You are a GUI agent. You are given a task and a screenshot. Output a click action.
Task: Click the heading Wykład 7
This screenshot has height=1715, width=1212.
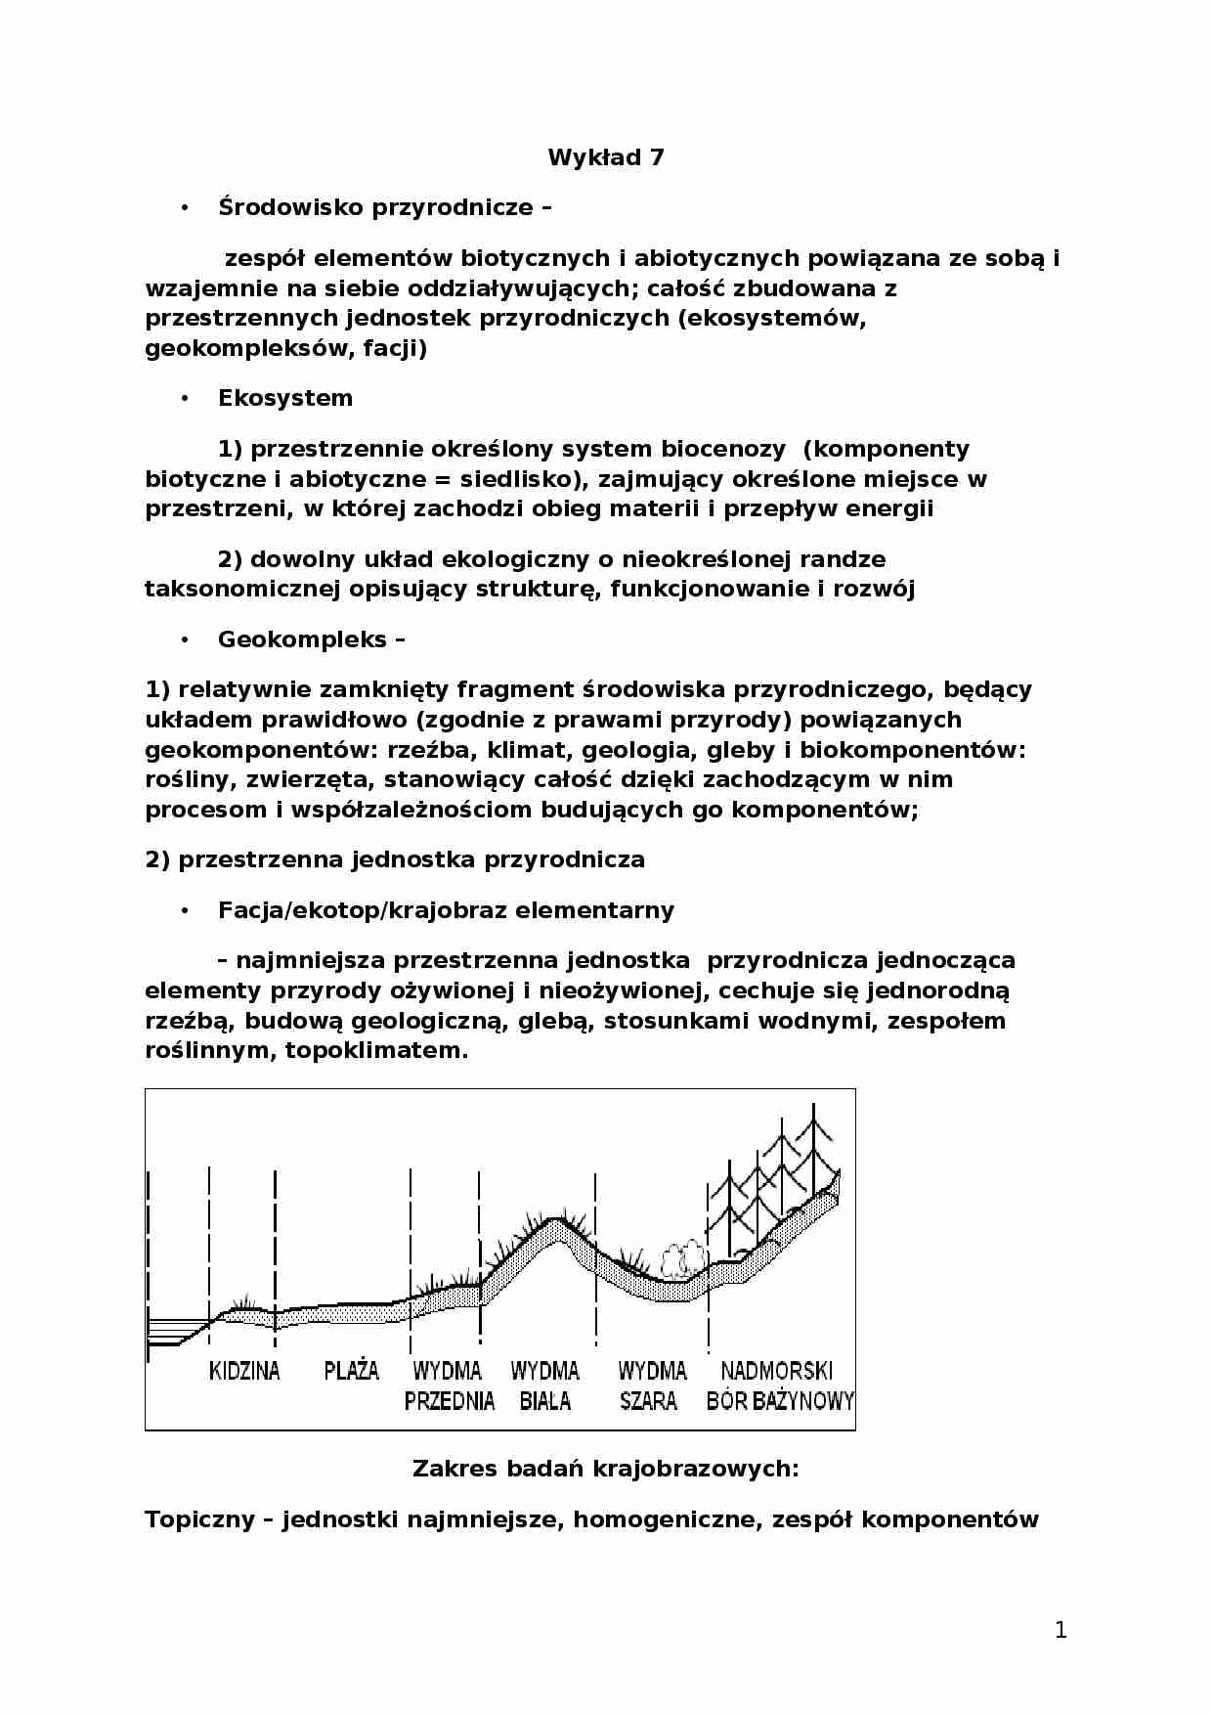(x=605, y=157)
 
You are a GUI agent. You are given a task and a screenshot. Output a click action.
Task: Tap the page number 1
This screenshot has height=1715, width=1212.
(x=1060, y=1629)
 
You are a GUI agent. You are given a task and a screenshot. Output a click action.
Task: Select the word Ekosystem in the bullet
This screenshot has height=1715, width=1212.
(x=284, y=398)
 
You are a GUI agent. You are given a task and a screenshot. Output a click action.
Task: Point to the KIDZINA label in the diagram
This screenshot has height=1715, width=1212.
(x=244, y=1371)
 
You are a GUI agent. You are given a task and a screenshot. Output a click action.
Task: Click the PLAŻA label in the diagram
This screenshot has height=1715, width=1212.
(x=351, y=1371)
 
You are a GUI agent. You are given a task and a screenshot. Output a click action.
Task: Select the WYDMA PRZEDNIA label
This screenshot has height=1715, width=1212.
(x=449, y=1385)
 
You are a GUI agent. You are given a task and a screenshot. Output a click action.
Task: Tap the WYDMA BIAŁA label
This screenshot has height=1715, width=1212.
(x=544, y=1385)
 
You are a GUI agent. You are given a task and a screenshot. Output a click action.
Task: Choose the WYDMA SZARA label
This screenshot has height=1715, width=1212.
(x=651, y=1385)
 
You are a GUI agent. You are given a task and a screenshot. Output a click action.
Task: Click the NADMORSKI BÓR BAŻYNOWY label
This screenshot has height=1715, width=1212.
(x=778, y=1385)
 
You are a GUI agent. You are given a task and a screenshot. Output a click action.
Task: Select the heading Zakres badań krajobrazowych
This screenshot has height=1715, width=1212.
(x=605, y=1469)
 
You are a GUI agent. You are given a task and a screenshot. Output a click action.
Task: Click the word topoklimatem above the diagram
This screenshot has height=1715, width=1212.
(x=376, y=1051)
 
